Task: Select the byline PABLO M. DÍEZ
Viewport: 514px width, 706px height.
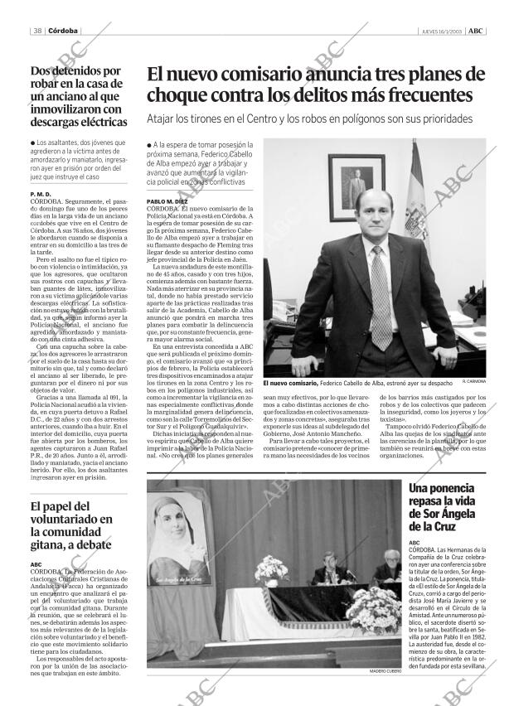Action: [167, 201]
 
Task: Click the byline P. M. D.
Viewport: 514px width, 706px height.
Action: [41, 194]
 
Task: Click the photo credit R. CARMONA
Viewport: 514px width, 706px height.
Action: [474, 381]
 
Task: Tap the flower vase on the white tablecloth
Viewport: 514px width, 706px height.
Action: [271, 570]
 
